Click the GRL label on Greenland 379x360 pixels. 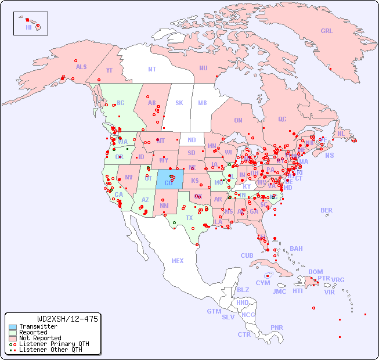[x=327, y=31]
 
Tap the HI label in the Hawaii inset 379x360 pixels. [x=28, y=27]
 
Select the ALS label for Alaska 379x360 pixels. [x=81, y=67]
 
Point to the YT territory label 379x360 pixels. [x=109, y=70]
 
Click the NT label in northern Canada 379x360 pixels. [x=152, y=69]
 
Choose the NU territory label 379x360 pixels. [x=203, y=68]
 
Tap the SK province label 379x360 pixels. [x=179, y=103]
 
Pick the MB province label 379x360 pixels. [x=203, y=103]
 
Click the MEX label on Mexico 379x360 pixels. [x=178, y=261]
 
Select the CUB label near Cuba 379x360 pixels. [x=247, y=255]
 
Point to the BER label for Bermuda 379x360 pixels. [x=327, y=210]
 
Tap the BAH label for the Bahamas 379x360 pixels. [x=296, y=249]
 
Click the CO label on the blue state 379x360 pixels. [x=168, y=183]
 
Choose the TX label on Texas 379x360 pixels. [x=189, y=218]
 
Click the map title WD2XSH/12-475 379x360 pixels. [x=67, y=319]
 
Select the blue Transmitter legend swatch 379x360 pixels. [x=12, y=327]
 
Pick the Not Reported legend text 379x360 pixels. [x=40, y=338]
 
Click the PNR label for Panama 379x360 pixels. [x=277, y=327]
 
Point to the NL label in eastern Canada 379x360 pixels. [x=341, y=133]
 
